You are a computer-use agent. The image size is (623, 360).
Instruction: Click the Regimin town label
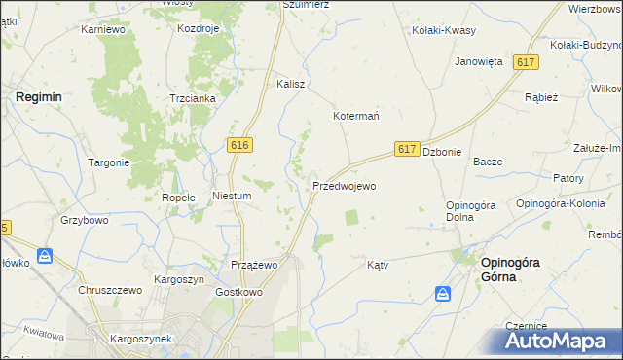(x=39, y=98)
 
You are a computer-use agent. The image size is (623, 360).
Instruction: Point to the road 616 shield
(x=241, y=144)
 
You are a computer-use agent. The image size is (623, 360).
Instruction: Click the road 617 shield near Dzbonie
(x=408, y=149)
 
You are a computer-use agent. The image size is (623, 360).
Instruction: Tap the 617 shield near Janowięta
(x=527, y=62)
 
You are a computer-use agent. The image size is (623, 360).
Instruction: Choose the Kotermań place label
(x=356, y=115)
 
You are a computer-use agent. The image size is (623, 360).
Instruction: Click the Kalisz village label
(x=291, y=84)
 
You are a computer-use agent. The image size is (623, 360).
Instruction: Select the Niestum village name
(x=232, y=196)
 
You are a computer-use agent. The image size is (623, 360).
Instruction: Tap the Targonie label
(x=109, y=162)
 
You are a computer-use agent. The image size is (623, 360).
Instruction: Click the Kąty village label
(x=378, y=265)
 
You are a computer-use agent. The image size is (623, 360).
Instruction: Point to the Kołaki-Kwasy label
(x=444, y=30)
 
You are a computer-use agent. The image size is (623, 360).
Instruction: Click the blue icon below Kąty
(x=443, y=293)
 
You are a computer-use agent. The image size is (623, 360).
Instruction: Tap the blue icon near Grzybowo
(x=45, y=258)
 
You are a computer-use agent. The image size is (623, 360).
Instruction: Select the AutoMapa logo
(x=558, y=342)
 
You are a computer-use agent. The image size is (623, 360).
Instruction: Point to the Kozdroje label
(x=200, y=28)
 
